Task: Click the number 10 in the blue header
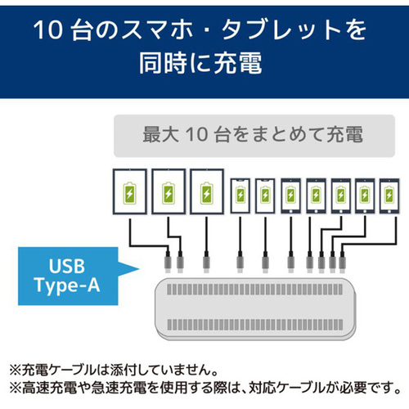(48, 30)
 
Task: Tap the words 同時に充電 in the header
(200, 63)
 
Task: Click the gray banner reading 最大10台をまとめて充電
(254, 136)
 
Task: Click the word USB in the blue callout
(67, 266)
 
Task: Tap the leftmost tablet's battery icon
(129, 193)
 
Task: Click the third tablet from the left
(207, 191)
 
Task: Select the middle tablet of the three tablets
(169, 191)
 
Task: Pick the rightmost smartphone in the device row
(389, 196)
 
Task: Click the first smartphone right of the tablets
(240, 196)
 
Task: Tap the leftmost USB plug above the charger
(168, 263)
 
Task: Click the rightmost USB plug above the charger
(343, 263)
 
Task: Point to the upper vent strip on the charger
(255, 290)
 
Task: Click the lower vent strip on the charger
(255, 325)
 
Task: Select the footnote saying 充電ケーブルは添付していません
(114, 370)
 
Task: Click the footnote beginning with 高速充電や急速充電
(205, 388)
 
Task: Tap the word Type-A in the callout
(67, 285)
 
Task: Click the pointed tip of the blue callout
(139, 269)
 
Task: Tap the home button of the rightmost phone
(389, 211)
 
